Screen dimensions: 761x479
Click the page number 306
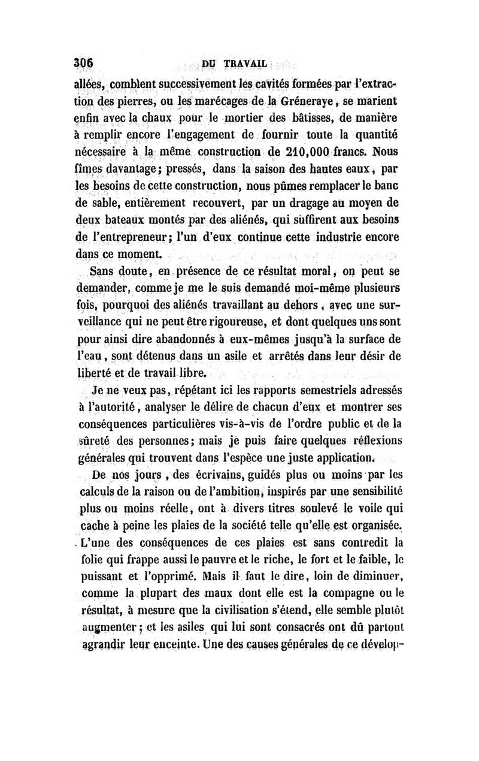click(x=84, y=64)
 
